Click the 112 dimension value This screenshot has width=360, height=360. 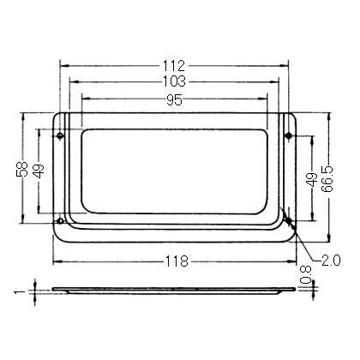point(174,66)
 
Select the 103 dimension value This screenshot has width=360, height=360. point(174,81)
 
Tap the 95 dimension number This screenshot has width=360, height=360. point(174,100)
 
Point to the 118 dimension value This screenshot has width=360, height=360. point(177,261)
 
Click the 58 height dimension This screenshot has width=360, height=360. point(22,169)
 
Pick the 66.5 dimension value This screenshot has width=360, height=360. point(327,178)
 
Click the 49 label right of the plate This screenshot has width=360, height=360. point(312,179)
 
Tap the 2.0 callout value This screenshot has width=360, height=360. point(331,261)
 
